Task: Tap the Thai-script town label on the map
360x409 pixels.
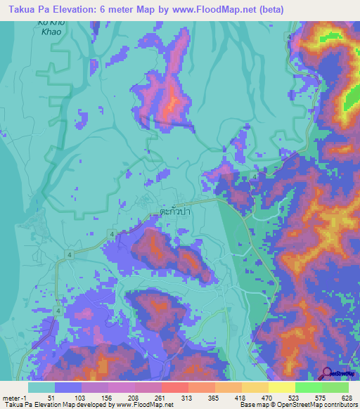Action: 176,210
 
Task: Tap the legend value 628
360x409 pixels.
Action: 344,398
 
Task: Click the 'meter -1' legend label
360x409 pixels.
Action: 14,398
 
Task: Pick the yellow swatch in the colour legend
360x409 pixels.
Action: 282,387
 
